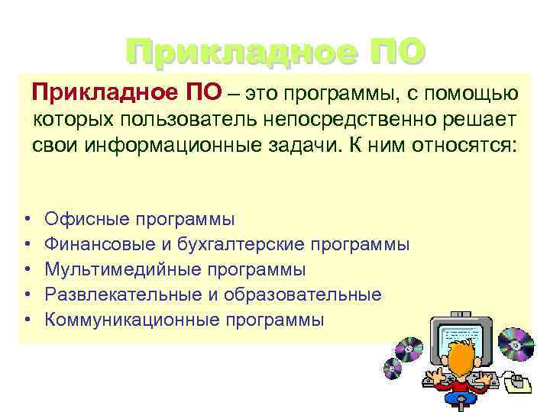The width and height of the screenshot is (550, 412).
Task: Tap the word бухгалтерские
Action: [x=240, y=245]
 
